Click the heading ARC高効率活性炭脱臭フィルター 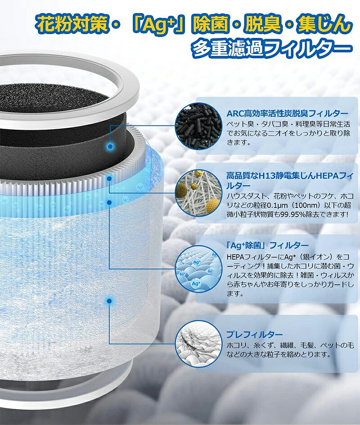pos(287,113)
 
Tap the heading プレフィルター pos(254,335)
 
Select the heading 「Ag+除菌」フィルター pos(267,245)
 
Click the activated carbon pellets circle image pos(195,127)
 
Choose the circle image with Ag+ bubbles pos(195,269)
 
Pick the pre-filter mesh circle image pos(195,344)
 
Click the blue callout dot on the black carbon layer pos(110,147)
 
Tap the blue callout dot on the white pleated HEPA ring pos(109,179)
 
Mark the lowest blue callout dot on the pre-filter pos(109,301)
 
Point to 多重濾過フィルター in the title pos(272,48)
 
